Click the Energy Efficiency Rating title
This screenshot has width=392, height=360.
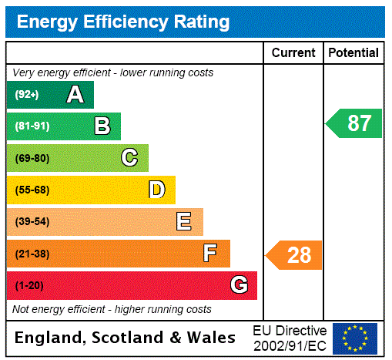coord(122,22)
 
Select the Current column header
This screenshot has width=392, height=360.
coord(293,53)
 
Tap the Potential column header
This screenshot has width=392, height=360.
coord(353,53)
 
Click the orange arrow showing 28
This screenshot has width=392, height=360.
coord(294,254)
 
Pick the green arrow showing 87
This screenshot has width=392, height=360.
coord(354,123)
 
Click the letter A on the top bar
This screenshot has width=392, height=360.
coord(75,95)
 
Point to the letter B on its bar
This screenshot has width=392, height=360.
coord(102,126)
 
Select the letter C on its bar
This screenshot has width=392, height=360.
coord(129,158)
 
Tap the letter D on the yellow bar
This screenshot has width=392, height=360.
coord(156,190)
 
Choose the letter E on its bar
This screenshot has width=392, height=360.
coord(184,222)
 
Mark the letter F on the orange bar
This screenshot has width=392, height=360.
coord(210,254)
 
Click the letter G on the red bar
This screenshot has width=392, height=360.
coord(239,286)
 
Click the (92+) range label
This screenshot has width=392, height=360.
coord(27,95)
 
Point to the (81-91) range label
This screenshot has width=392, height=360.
coord(32,126)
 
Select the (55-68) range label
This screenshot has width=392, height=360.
coord(32,190)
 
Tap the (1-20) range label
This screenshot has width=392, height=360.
coord(29,286)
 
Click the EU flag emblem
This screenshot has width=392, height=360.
coord(355,338)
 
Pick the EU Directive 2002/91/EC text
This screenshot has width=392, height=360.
coord(290,338)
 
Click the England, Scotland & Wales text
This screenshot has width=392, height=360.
coord(126,338)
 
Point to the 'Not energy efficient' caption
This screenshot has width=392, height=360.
coord(112,309)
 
